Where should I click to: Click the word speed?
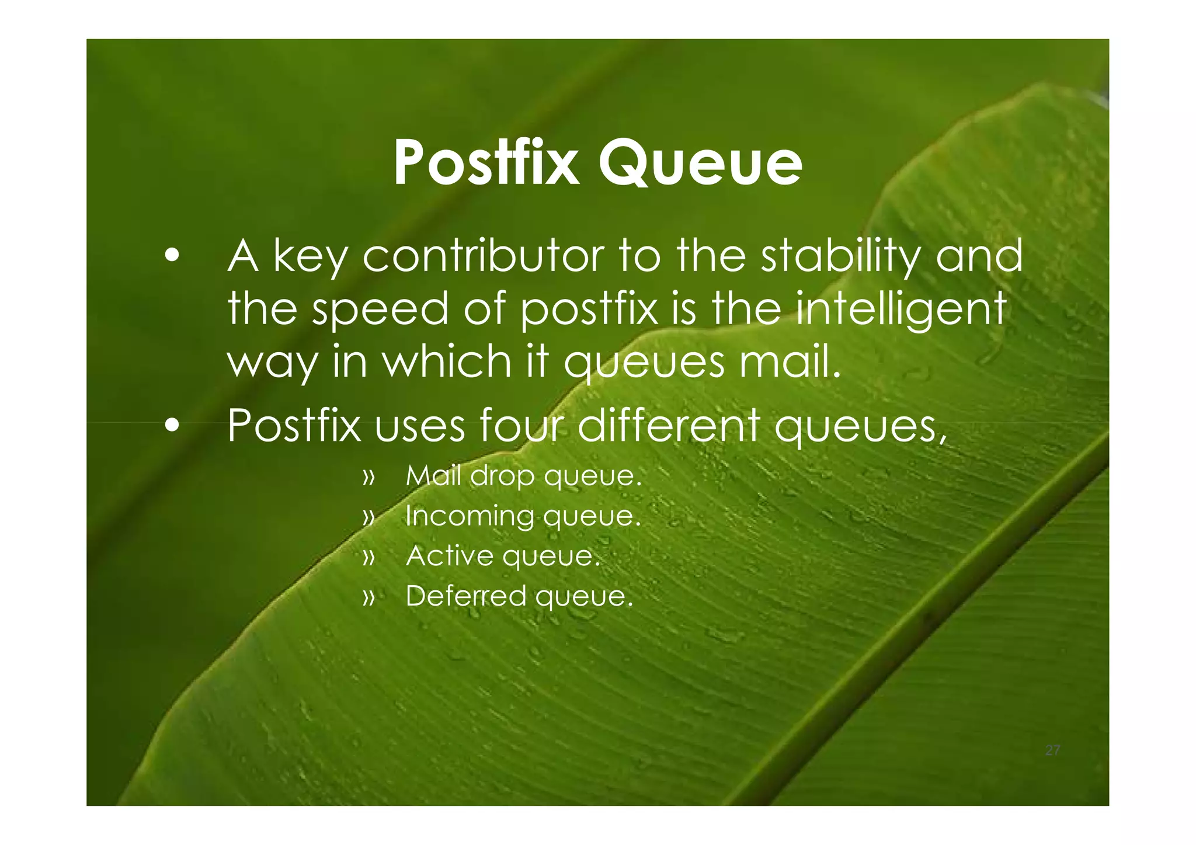pyautogui.click(x=380, y=310)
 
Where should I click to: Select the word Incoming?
pyautogui.click(x=470, y=516)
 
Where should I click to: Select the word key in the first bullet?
pyautogui.click(x=310, y=258)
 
